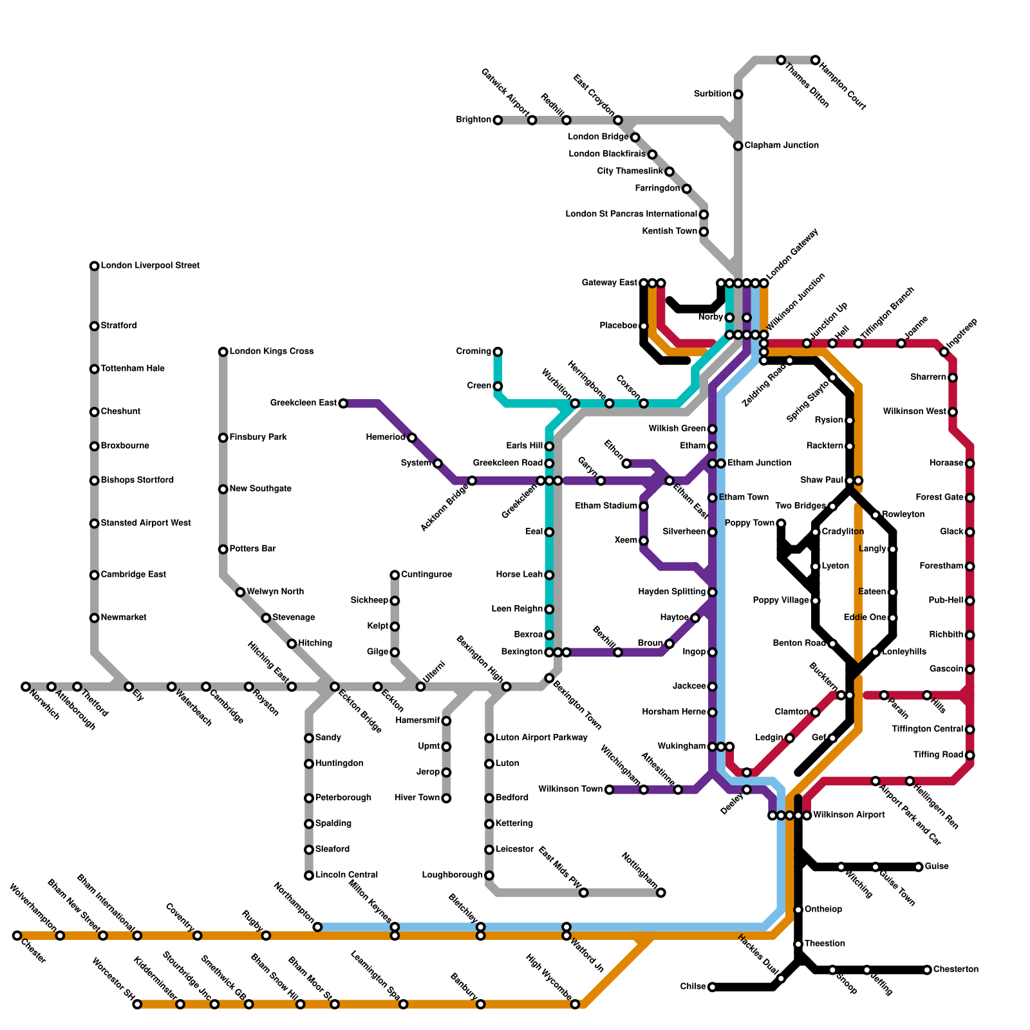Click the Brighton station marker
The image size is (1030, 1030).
coord(498,120)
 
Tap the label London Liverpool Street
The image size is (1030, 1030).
coord(150,265)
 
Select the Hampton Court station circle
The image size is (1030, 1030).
coord(816,60)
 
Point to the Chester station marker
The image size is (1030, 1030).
coord(17,935)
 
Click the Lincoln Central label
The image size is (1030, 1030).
coord(346,875)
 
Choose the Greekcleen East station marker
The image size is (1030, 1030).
coord(343,404)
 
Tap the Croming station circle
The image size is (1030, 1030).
coord(498,351)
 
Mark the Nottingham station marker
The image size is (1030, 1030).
coord(661,892)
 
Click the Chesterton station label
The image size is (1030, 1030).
coord(956,969)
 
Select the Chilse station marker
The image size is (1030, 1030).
coord(712,987)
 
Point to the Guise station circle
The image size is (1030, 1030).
coord(919,866)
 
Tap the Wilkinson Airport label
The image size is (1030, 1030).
coord(849,815)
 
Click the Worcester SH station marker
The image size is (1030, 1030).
coord(137,1004)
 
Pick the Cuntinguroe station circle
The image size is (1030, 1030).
coord(395,575)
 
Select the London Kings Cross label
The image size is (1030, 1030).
coord(272,351)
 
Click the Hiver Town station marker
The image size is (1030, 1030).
coord(446,798)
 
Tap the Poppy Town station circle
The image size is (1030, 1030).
coord(781,523)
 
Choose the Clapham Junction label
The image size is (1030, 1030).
coord(782,145)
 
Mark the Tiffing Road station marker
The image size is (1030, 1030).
coord(970,755)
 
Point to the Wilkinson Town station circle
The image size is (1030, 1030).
coord(609,789)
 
